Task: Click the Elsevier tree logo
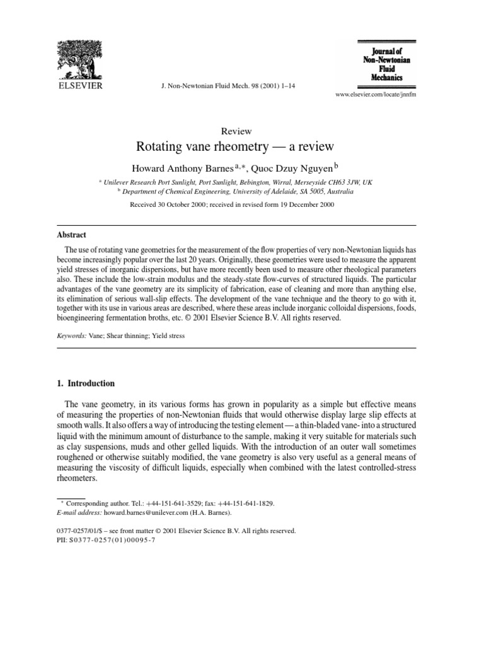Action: click(x=81, y=59)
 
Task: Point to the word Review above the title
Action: click(x=236, y=131)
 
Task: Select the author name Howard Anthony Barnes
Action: click(x=182, y=168)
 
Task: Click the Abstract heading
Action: click(x=72, y=234)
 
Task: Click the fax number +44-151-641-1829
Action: click(x=245, y=503)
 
